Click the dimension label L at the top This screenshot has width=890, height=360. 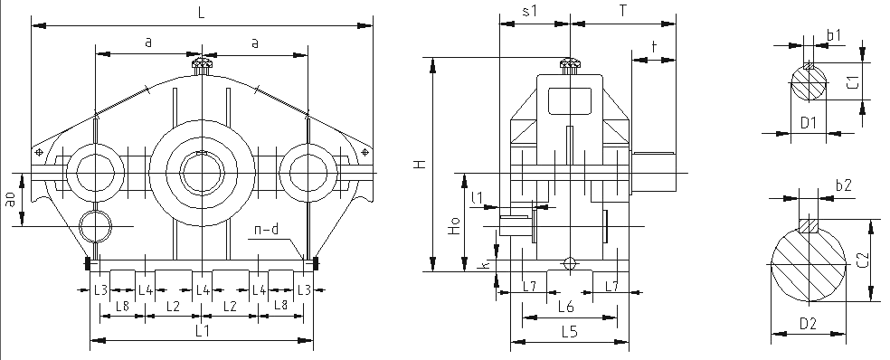(202, 14)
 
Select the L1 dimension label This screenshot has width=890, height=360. (203, 330)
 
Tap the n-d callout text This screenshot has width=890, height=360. (266, 230)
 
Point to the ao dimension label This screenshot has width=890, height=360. (11, 199)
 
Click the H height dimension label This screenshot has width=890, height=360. (420, 164)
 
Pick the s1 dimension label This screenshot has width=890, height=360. (529, 12)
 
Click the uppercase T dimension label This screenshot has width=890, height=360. (623, 12)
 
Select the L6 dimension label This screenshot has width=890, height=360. (566, 308)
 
